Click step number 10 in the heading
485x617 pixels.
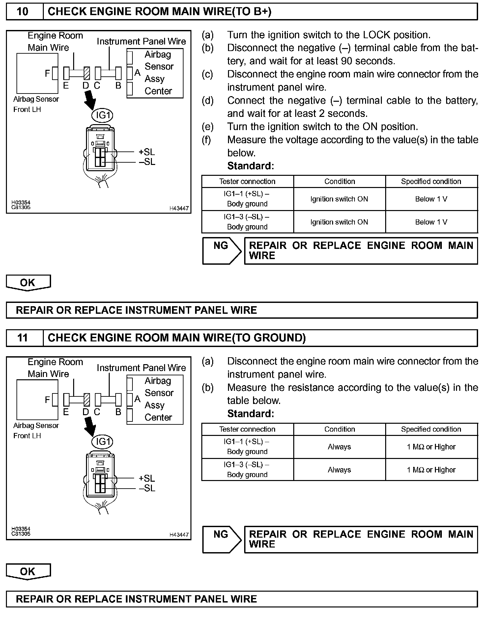(22, 12)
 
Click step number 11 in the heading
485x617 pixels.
(22, 338)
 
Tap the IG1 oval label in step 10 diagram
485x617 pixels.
(102, 115)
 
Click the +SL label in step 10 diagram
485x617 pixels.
(147, 152)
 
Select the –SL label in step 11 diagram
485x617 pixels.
(147, 488)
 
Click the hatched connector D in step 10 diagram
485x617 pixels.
(87, 73)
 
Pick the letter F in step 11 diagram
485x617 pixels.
(47, 400)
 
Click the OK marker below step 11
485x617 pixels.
(28, 572)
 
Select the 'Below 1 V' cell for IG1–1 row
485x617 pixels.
(431, 199)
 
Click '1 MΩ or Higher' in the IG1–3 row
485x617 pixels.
(431, 470)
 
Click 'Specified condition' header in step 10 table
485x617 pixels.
(431, 181)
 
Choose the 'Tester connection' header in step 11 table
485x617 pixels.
(247, 429)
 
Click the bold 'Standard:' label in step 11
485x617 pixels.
(250, 414)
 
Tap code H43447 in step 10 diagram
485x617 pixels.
(179, 208)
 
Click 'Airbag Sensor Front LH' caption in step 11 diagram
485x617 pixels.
(36, 430)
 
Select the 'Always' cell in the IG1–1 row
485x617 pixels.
(339, 447)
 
